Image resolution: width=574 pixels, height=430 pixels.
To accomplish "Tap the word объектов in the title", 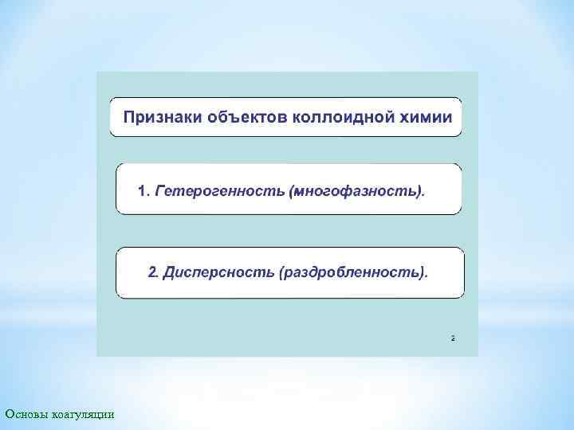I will pyautogui.click(x=237, y=118).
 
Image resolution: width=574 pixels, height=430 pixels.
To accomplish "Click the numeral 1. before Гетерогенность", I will pyautogui.click(x=143, y=191).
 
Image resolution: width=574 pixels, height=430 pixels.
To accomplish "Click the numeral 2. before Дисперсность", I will pyautogui.click(x=154, y=272).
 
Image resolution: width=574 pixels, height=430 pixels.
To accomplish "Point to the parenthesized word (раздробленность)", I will pyautogui.click(x=353, y=272).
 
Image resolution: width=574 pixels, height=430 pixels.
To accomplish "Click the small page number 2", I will pyautogui.click(x=453, y=338).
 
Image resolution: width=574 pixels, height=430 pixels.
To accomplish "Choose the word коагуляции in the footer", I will pyautogui.click(x=84, y=413).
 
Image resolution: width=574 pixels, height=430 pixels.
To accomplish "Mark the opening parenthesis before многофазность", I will pyautogui.click(x=293, y=191).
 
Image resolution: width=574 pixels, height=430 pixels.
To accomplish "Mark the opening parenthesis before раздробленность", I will pyautogui.click(x=281, y=272).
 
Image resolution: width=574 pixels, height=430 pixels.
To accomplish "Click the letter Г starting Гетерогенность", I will pyautogui.click(x=159, y=191).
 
